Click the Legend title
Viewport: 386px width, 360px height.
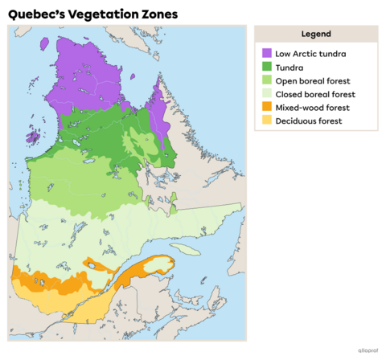click(x=316, y=34)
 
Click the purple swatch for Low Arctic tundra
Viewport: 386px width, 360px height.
click(x=267, y=53)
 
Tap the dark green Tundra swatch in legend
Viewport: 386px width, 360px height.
click(x=267, y=67)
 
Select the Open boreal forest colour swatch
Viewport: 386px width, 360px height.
click(x=267, y=80)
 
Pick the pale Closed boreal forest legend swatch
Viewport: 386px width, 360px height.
click(x=267, y=94)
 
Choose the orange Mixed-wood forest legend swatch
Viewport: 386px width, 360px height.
click(x=267, y=107)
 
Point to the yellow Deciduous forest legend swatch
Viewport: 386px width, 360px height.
click(x=267, y=121)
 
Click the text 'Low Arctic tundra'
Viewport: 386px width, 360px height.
click(x=310, y=53)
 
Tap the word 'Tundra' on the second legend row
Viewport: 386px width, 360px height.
click(x=289, y=67)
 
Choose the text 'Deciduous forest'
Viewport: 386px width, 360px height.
click(x=309, y=121)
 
